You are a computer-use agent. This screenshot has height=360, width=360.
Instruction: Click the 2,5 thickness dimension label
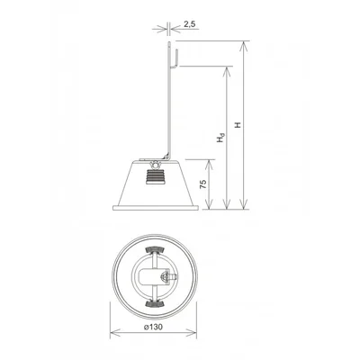click(190, 24)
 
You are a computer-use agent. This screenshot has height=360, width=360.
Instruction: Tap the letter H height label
click(238, 125)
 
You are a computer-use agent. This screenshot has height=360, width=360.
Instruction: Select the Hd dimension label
click(220, 137)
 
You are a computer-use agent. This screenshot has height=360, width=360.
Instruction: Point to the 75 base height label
click(203, 184)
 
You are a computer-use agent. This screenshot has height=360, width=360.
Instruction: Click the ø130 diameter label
click(153, 327)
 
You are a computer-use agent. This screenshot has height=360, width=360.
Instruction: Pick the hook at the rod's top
click(175, 58)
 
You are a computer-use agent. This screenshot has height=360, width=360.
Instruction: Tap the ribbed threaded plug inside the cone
click(156, 176)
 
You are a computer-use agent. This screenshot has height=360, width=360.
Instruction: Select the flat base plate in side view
click(156, 208)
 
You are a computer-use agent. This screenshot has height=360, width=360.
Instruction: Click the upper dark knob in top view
click(155, 249)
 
